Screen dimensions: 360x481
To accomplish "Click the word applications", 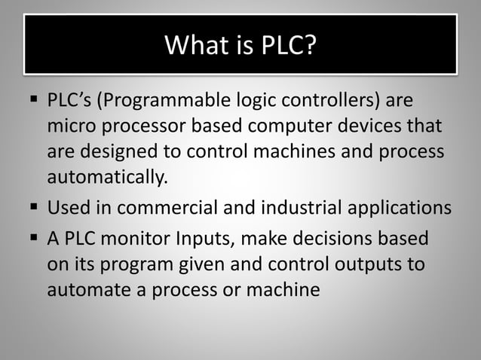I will [404, 207].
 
